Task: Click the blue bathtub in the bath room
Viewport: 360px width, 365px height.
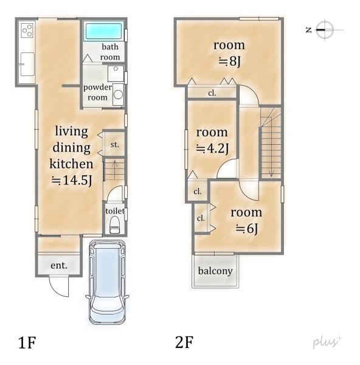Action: (104, 31)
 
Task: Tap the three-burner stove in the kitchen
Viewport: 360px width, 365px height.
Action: (27, 30)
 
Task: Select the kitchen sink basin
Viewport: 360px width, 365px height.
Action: (27, 64)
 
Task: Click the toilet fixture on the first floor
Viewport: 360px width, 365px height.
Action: (114, 224)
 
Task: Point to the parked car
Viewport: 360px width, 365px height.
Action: (107, 282)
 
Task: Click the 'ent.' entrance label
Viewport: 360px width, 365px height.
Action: (59, 265)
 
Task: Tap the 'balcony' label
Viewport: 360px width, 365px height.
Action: (215, 271)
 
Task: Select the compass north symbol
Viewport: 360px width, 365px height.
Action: (325, 30)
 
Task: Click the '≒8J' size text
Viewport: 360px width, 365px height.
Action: (229, 61)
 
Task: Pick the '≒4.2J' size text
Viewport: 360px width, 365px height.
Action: (212, 148)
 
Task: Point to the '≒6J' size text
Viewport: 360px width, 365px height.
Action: (247, 229)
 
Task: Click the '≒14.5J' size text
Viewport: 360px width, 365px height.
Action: (72, 180)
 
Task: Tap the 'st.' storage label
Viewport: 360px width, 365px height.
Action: (114, 145)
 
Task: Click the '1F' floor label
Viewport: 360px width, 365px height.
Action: (27, 342)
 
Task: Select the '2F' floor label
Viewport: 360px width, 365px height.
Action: (184, 342)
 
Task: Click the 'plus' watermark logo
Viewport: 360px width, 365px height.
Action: (327, 342)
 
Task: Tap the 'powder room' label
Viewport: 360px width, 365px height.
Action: (97, 92)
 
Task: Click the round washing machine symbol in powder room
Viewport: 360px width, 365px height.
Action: (118, 95)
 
